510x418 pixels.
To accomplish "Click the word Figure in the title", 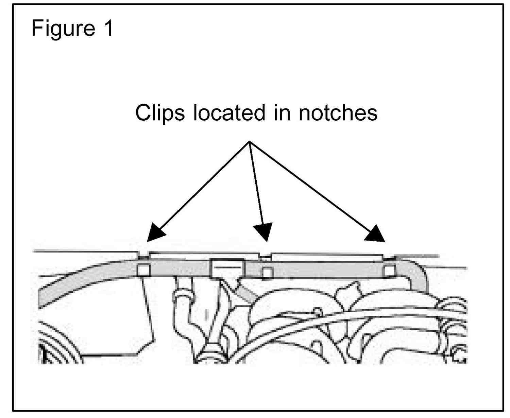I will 63,28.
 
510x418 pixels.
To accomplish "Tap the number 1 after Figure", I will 108,28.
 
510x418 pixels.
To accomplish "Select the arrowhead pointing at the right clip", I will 376,234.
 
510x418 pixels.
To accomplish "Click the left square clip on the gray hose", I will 143,270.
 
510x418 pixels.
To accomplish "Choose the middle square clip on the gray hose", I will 267,273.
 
